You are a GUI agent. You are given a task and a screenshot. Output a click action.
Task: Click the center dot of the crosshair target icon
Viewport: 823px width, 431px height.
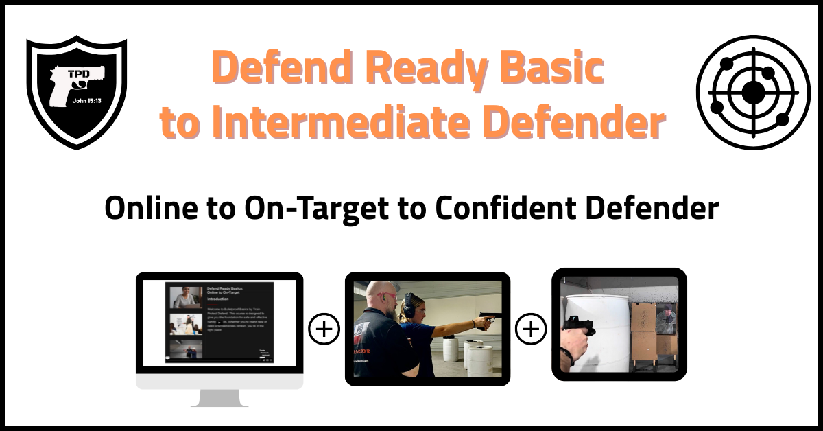(x=752, y=92)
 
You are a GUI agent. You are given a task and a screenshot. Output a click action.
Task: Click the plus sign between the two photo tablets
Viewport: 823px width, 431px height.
(x=530, y=330)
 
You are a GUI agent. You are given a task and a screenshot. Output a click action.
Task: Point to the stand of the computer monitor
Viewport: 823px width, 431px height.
(x=219, y=398)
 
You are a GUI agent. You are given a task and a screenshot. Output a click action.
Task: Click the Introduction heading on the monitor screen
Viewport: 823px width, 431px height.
(x=219, y=299)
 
